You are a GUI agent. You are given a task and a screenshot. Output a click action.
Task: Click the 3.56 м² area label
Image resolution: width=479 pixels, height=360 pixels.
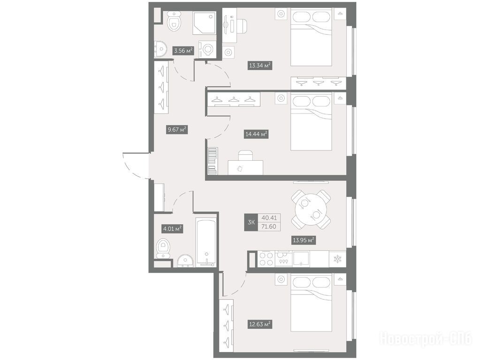183,50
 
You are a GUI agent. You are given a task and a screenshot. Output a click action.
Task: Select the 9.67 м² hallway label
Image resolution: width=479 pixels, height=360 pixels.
176,130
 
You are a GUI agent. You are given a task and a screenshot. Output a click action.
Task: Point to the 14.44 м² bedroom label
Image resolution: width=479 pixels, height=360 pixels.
257,134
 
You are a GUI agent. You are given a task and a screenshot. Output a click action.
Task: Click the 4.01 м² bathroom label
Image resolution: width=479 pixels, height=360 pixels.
172,229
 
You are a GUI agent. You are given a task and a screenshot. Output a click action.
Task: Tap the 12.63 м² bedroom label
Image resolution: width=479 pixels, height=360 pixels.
260,324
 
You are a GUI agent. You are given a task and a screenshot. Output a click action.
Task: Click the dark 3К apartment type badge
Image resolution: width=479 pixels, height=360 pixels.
251,222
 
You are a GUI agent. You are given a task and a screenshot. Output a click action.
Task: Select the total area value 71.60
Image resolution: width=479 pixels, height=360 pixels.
269,226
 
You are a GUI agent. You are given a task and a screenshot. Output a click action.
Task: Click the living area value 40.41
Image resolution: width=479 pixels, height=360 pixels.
269,217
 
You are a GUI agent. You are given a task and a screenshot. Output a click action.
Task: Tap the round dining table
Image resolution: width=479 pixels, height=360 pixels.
311,210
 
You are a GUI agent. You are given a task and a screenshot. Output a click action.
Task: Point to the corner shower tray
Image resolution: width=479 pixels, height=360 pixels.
204,23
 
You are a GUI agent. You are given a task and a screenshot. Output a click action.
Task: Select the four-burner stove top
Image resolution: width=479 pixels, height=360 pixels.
266,259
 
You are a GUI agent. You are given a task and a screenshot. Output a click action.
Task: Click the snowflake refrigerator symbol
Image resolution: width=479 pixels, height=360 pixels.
338,259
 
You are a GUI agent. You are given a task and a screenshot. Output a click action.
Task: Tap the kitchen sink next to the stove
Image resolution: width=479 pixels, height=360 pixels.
301,259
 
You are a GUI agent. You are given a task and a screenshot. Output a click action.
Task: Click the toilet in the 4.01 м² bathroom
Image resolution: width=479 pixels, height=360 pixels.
163,248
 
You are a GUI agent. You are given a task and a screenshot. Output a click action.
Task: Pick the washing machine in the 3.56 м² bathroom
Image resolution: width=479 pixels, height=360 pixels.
207,49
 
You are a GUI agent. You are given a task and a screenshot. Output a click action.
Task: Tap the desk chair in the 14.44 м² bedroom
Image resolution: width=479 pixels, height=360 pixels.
246,156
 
